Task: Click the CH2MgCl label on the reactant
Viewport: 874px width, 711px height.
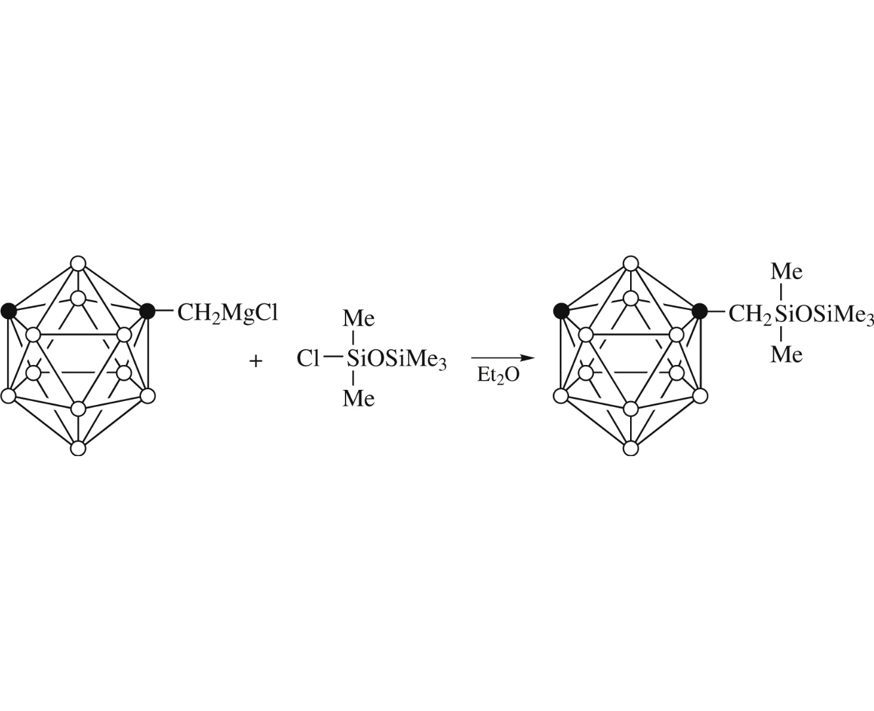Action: [228, 315]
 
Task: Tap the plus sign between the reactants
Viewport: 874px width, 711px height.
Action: [256, 361]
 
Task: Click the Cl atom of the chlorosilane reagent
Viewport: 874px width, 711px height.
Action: [308, 359]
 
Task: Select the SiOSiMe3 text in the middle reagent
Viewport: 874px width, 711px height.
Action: [397, 360]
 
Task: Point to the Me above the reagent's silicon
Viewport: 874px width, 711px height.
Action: [358, 318]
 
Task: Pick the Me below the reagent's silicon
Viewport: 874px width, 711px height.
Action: [358, 398]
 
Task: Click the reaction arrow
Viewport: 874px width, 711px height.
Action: [503, 358]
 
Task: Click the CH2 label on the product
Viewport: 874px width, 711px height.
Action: [749, 315]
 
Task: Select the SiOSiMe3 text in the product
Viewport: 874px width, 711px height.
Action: [824, 315]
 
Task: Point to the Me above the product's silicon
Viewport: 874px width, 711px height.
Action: [786, 272]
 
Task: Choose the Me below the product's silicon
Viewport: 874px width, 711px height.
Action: [786, 355]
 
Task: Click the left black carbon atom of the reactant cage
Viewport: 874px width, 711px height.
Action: [9, 311]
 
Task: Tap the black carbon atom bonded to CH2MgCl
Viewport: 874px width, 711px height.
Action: [148, 311]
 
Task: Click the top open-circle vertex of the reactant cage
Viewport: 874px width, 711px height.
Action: [78, 263]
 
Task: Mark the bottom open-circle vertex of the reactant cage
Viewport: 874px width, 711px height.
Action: [78, 448]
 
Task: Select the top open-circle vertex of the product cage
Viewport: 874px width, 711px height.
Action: [631, 263]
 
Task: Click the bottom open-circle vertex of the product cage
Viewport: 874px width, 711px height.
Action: [631, 448]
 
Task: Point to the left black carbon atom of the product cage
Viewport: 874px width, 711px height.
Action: [561, 311]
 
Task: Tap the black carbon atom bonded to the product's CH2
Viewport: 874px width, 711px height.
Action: [700, 311]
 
